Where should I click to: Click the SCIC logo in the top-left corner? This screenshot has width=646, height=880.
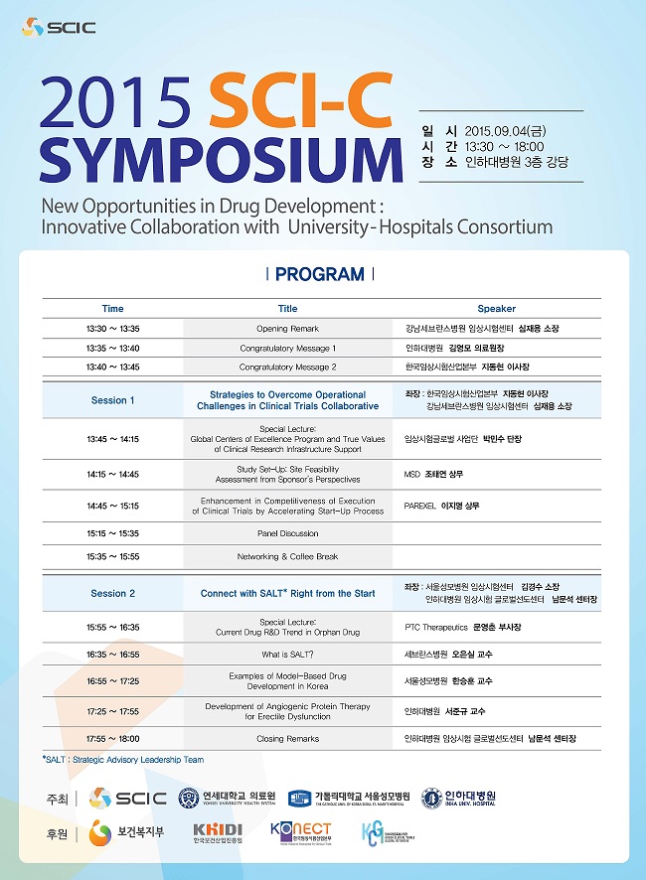59,27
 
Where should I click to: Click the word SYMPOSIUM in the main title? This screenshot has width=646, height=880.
210,159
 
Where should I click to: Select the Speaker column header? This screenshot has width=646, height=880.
496,309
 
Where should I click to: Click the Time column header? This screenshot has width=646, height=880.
112,309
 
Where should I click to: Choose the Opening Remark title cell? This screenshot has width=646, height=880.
287,328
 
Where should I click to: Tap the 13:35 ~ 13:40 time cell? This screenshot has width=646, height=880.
112,349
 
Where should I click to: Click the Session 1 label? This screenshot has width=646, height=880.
112,400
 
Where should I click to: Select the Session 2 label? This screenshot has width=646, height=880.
112,593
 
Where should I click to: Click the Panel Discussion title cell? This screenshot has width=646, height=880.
287,533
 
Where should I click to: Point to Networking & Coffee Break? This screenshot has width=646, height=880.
287,556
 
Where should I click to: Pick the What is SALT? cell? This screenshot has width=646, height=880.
287,655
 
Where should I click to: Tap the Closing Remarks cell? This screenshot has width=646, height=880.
287,739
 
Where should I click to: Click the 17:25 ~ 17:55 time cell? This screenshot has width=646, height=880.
112,711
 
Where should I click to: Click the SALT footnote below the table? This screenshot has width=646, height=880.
122,760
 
